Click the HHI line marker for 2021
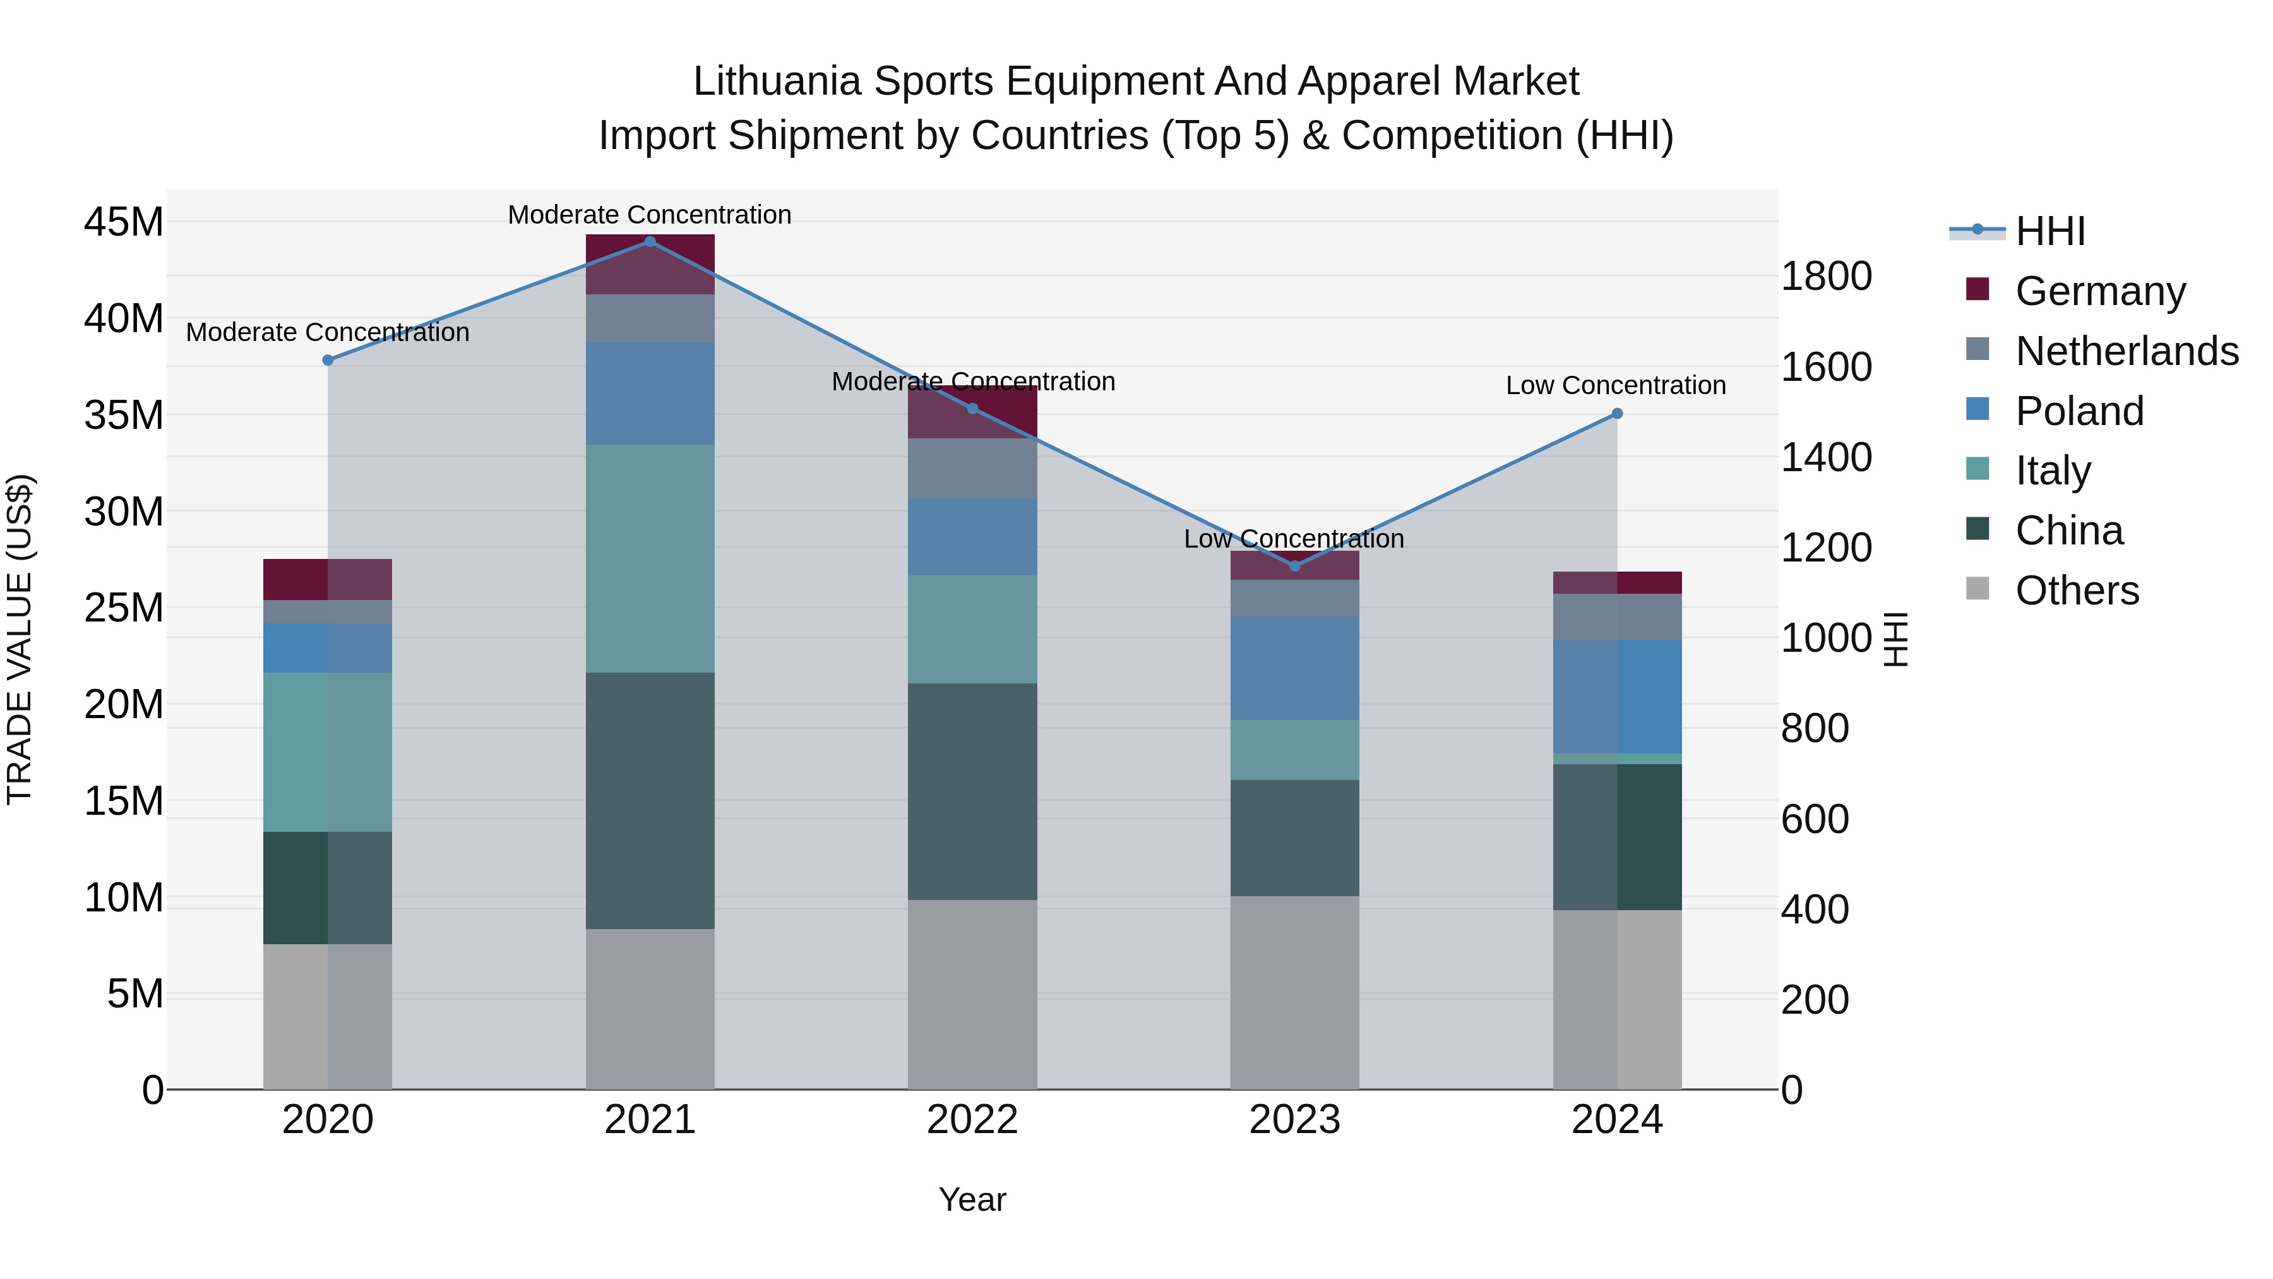(x=650, y=241)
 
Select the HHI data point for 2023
(x=1294, y=566)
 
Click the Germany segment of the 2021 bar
(x=650, y=264)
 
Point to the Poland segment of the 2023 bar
(x=1294, y=668)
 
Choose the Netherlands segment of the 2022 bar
(x=972, y=468)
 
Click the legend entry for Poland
(x=2079, y=411)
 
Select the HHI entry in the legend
(x=2049, y=231)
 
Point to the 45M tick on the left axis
(x=124, y=222)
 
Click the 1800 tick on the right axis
(x=1825, y=276)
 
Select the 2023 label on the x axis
(x=1294, y=1120)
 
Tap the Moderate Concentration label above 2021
(x=650, y=215)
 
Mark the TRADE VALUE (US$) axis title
(x=20, y=639)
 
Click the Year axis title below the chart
(x=972, y=1199)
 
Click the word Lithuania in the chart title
(x=775, y=82)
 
